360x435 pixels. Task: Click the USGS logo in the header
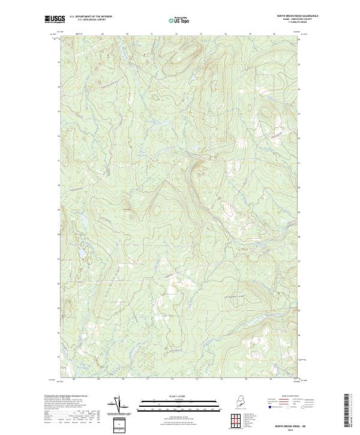click(55, 19)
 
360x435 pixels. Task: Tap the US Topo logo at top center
click(179, 20)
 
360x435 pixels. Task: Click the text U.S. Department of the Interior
click(91, 16)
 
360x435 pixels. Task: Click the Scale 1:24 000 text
click(179, 397)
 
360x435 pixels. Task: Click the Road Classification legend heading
click(287, 397)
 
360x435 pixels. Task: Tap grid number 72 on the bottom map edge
click(172, 379)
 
